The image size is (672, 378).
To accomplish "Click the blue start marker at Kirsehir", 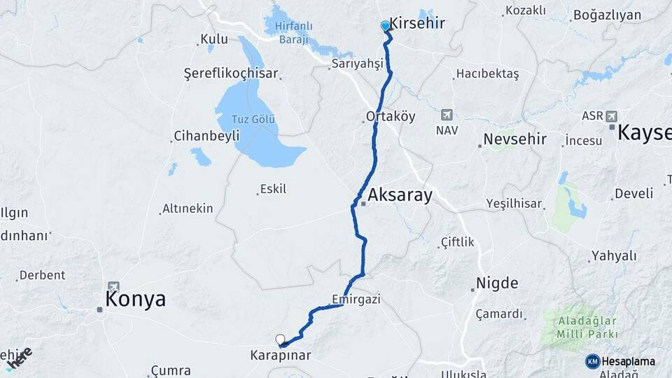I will coord(385,26).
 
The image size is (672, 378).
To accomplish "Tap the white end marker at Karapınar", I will coord(280,339).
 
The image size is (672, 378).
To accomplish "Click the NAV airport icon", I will coord(447,115).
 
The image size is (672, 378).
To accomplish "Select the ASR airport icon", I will coord(611,115).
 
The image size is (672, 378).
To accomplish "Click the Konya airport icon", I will coord(113,287).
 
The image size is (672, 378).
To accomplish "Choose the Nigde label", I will coord(497,283).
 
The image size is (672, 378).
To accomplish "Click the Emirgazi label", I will coord(356,300).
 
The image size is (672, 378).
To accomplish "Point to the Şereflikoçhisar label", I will coord(231,73).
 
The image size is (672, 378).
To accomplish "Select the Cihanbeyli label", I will coord(206,136).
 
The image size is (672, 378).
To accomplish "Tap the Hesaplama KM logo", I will coord(592,361).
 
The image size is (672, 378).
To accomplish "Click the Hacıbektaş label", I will coord(487,73).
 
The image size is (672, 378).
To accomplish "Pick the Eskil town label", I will coord(273,189).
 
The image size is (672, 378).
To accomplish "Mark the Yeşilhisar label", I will coord(514,204).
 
